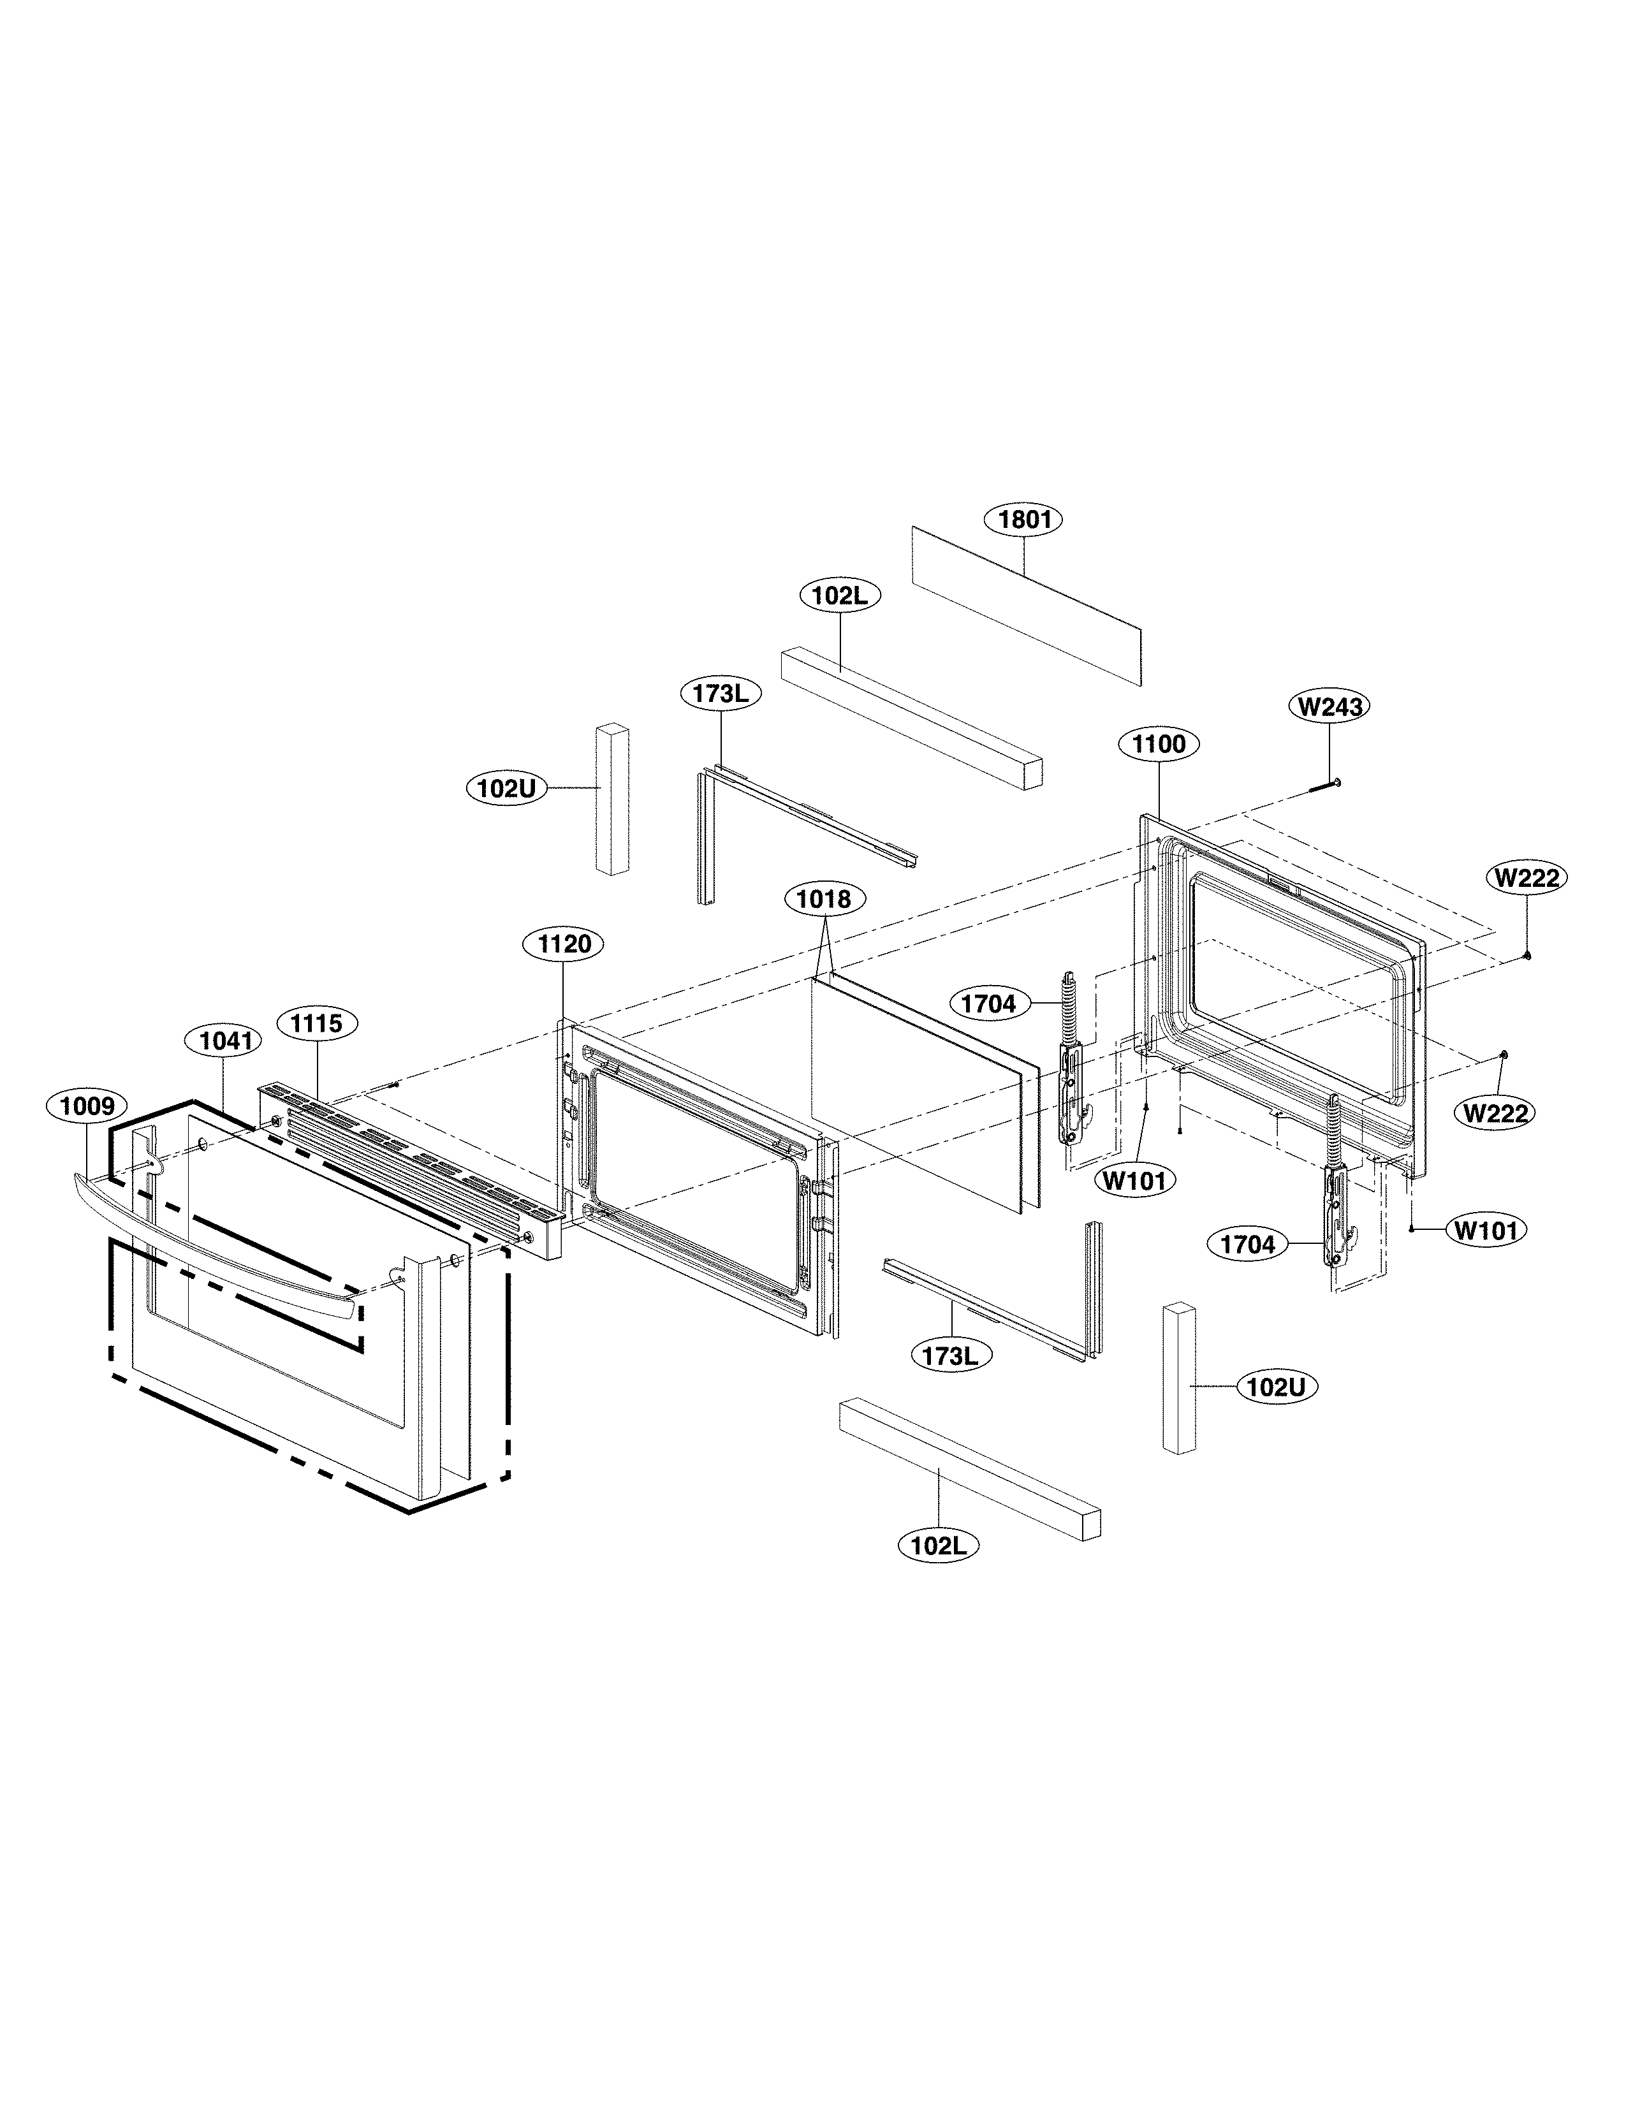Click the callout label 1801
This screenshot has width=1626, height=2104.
coord(1023,519)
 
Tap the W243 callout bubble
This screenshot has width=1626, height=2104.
coord(1329,706)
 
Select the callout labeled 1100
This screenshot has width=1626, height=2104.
coord(1159,743)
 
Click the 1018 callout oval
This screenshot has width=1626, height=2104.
coord(824,899)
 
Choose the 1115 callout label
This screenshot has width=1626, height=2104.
coord(317,1023)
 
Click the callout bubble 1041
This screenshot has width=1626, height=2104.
coord(224,1041)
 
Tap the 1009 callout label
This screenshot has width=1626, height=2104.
coord(87,1106)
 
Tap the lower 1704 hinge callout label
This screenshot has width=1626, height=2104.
coord(1247,1245)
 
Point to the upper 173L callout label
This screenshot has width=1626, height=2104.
coord(721,694)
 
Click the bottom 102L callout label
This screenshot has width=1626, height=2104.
coord(938,1545)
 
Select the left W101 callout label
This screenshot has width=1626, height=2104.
coord(1135,1180)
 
